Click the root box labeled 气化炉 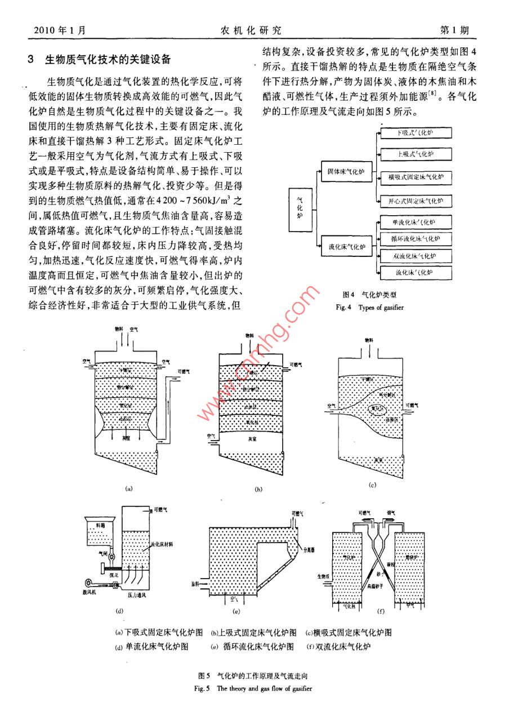[299, 210]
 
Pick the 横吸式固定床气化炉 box [416, 177]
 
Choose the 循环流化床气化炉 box [416, 239]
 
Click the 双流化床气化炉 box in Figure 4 [416, 256]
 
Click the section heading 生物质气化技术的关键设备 [107, 59]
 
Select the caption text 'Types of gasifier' [381, 308]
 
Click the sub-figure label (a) [129, 489]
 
